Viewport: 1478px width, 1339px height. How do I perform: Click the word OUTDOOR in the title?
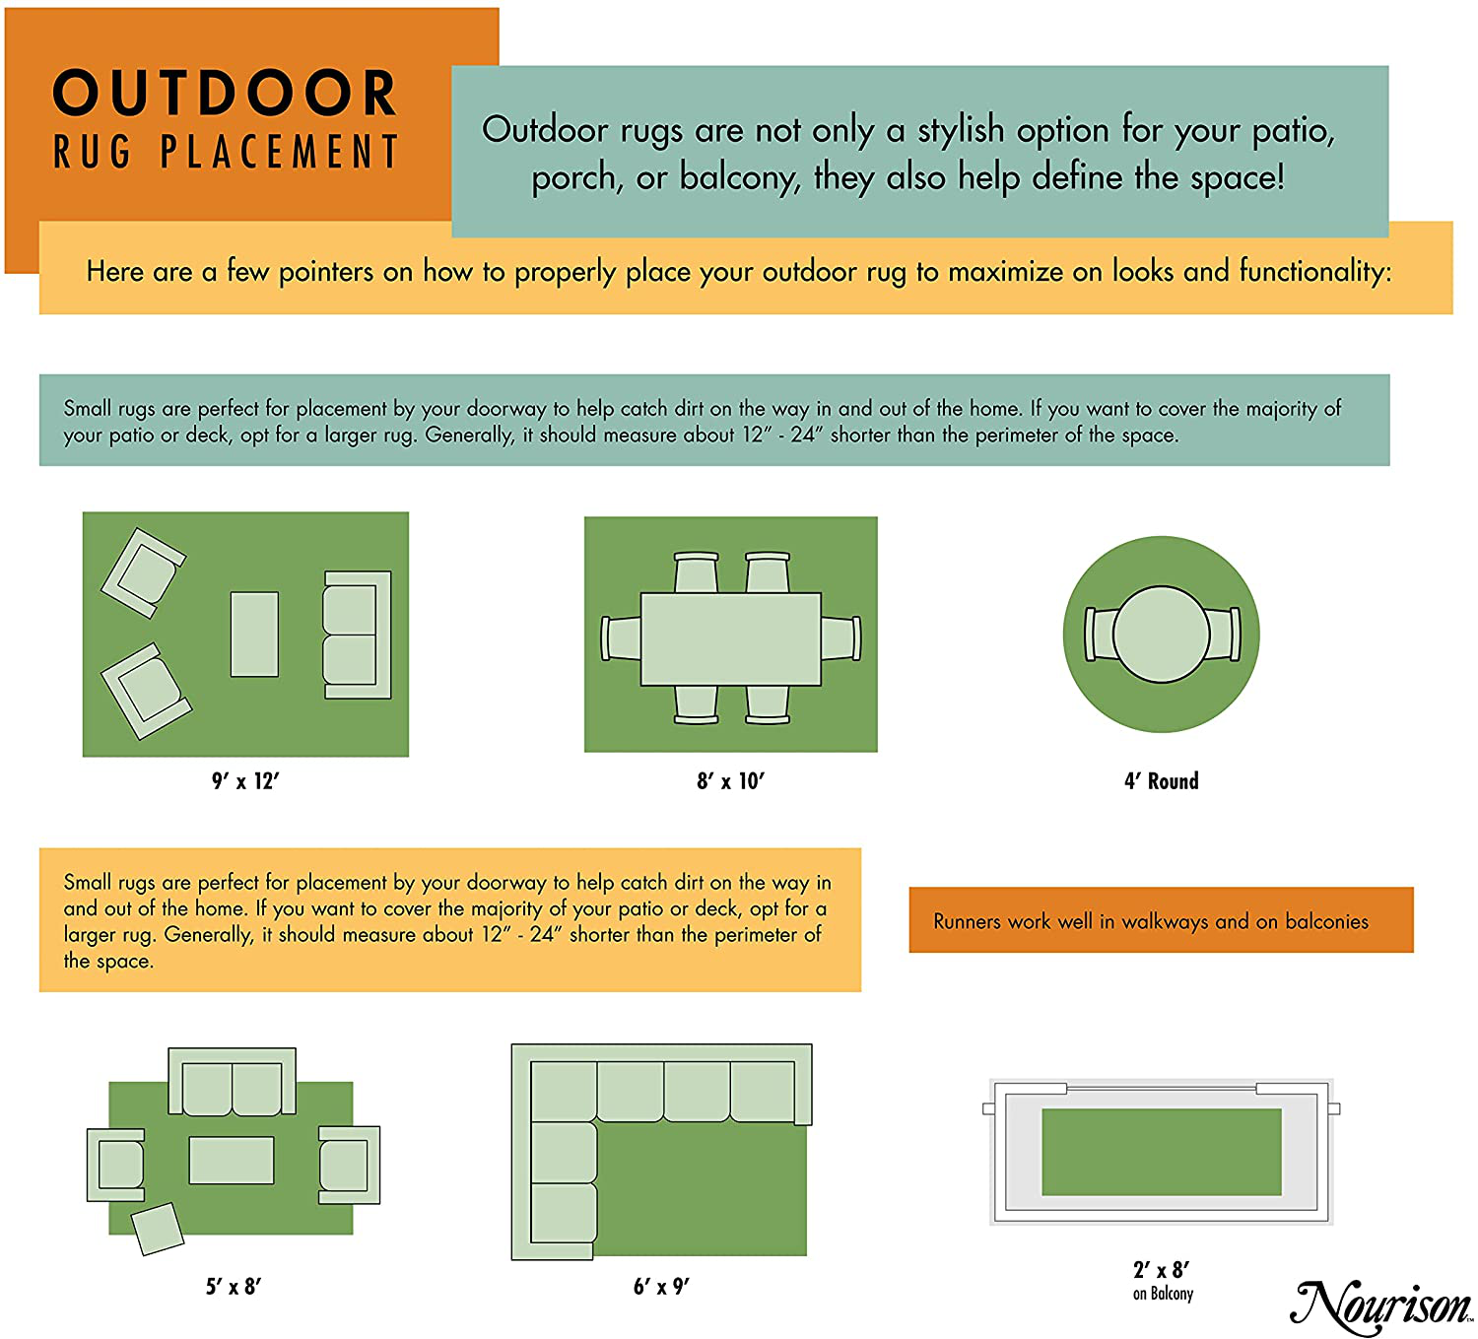click(225, 93)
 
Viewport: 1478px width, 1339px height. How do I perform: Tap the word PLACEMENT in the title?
click(280, 152)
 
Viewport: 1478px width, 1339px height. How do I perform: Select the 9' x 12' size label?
click(245, 781)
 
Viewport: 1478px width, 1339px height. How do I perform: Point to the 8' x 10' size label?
click(730, 781)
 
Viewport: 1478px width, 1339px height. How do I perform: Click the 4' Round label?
click(1161, 781)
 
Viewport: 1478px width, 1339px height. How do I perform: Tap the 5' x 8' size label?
click(233, 1287)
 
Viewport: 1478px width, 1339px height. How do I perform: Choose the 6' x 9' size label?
click(661, 1287)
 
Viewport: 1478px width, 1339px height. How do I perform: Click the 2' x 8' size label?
click(1161, 1270)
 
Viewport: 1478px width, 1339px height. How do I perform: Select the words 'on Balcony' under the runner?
click(1163, 1294)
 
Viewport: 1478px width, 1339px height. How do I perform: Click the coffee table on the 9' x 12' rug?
click(254, 634)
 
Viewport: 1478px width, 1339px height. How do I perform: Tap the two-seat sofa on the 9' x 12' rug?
click(358, 635)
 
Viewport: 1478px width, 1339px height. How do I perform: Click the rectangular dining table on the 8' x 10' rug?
click(730, 638)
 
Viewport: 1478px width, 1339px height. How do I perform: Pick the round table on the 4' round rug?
click(1161, 634)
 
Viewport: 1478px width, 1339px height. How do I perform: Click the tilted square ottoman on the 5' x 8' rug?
click(158, 1229)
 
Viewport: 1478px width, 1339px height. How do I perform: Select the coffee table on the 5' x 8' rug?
click(232, 1160)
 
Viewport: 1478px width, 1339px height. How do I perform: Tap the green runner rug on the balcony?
click(1161, 1152)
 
